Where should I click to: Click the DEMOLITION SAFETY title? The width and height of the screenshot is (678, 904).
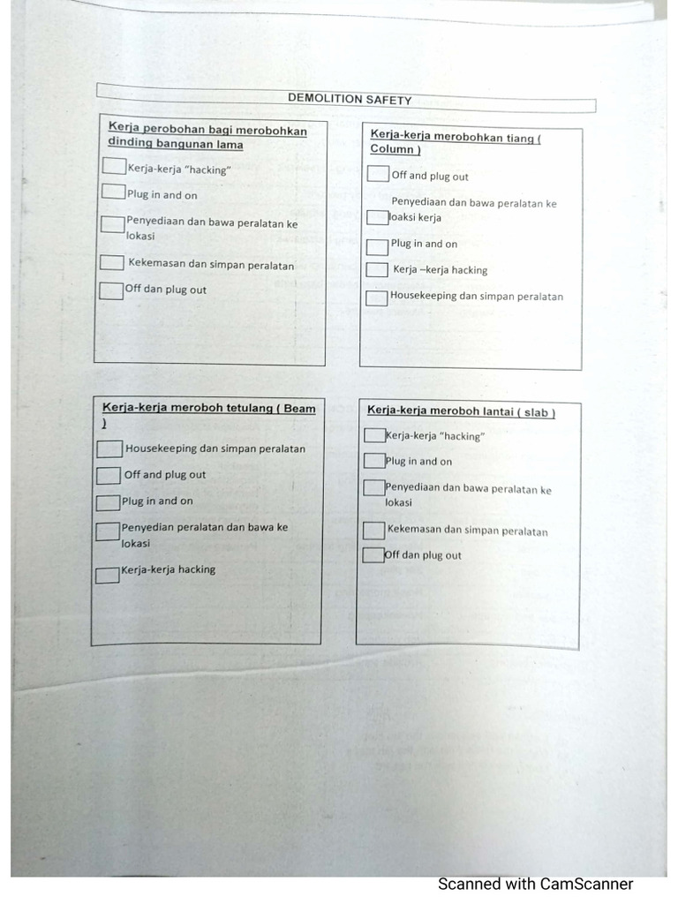(350, 100)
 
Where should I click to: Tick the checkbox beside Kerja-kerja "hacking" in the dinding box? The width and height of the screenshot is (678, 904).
(113, 166)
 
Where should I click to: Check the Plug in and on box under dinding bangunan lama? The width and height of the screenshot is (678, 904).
(112, 192)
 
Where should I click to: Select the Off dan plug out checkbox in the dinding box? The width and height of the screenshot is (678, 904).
(111, 290)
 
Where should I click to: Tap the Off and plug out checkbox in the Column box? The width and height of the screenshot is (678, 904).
(378, 174)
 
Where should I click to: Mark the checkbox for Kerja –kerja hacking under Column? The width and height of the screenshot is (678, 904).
(377, 270)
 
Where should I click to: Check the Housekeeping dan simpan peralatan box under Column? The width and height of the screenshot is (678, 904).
(377, 298)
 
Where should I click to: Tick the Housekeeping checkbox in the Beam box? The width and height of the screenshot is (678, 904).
(109, 449)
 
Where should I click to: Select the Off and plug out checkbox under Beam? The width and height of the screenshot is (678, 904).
(109, 476)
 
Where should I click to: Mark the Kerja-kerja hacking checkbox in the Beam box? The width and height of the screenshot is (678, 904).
(108, 576)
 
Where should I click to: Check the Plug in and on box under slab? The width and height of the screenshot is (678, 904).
(374, 461)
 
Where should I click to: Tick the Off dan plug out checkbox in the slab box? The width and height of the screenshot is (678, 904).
(373, 555)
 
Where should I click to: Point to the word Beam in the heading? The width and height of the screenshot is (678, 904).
(300, 409)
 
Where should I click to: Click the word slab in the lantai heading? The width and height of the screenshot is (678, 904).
(538, 411)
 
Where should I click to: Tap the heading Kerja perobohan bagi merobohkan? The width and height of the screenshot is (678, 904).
(207, 131)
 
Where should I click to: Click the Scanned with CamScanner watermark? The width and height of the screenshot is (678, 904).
(535, 884)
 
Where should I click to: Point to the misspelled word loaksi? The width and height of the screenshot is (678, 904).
(416, 217)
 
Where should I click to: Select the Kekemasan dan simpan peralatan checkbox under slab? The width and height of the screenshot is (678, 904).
(373, 531)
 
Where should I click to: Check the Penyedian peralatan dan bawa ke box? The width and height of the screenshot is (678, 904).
(108, 531)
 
